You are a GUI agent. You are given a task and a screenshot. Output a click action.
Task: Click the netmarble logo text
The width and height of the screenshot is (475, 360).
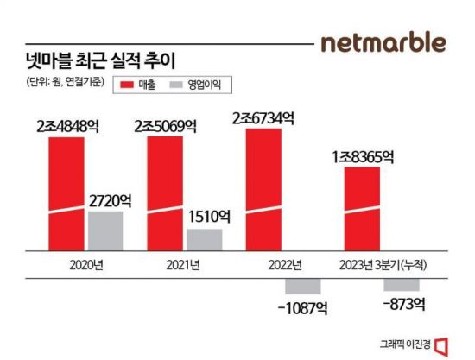383,42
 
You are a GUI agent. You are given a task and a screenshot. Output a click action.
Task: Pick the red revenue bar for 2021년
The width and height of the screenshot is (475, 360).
165,192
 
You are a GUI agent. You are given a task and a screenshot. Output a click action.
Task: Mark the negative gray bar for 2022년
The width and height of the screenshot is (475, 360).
303,287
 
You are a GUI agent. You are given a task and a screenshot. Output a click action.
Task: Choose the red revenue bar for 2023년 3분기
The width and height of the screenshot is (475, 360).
362,206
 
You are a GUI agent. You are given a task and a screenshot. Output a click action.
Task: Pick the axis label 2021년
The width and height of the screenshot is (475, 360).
184,264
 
